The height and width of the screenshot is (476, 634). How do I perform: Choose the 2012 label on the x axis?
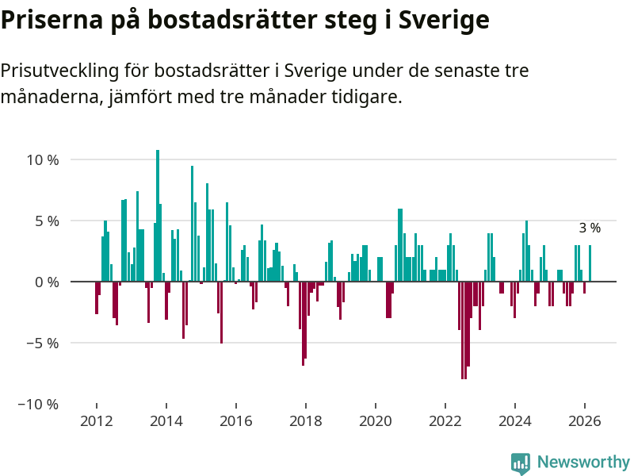[x=96, y=421]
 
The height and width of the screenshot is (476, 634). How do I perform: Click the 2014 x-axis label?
[x=166, y=421]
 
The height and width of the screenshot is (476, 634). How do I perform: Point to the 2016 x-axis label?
[x=235, y=421]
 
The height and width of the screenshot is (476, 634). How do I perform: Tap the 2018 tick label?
[x=305, y=421]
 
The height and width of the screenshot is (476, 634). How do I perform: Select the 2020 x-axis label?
[x=375, y=421]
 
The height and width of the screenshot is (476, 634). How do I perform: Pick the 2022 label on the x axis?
[x=445, y=421]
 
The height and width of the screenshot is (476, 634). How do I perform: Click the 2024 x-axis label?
[x=515, y=421]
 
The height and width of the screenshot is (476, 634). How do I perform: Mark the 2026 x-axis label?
[x=585, y=421]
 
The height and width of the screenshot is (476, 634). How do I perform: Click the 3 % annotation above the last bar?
[x=590, y=228]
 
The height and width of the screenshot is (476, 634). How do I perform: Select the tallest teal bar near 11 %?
[x=158, y=214]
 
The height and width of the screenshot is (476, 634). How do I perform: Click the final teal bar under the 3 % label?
[x=590, y=263]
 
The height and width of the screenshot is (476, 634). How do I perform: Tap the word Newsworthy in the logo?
[x=583, y=462]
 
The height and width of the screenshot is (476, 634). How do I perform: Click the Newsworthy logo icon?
[x=521, y=463]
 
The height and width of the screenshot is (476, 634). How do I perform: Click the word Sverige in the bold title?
[x=445, y=20]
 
